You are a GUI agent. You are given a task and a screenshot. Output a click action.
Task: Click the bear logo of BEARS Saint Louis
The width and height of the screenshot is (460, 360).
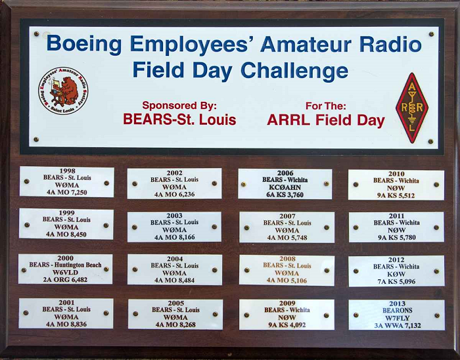63,91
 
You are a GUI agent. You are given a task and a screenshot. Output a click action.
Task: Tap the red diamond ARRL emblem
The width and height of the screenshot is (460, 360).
412,108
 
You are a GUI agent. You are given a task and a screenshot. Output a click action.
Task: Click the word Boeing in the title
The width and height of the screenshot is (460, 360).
84,44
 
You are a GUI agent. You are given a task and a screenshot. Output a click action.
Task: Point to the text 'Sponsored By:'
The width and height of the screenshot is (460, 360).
179,105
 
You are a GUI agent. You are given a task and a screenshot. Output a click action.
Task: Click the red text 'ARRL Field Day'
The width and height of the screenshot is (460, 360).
326,120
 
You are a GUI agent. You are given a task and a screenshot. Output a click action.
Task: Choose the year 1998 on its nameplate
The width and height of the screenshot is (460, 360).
67,171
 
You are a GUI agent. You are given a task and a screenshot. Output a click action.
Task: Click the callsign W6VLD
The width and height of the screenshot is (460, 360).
65,273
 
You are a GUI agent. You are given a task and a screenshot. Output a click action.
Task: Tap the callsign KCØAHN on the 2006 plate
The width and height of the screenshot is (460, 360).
285,187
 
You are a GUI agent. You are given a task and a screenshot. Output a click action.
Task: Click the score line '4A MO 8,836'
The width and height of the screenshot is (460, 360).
66,325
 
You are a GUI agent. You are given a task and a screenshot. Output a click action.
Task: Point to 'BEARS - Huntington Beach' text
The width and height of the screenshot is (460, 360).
65,265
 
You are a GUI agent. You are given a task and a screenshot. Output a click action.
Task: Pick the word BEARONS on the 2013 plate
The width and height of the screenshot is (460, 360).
397,311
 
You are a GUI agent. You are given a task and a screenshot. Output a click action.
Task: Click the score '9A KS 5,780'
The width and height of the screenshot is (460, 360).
397,237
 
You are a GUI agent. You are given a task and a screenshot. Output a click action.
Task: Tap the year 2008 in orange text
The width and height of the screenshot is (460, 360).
287,259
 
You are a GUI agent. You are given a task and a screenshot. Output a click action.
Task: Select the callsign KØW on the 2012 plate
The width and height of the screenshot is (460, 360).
396,274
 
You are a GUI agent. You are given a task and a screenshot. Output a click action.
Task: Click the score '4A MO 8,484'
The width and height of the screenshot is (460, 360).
175,281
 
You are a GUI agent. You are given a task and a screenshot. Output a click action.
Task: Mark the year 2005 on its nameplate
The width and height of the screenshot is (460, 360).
175,303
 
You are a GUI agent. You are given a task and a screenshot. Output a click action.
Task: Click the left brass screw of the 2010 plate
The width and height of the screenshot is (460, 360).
356,185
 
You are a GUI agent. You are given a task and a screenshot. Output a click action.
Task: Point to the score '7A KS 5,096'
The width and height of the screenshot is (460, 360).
396,281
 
